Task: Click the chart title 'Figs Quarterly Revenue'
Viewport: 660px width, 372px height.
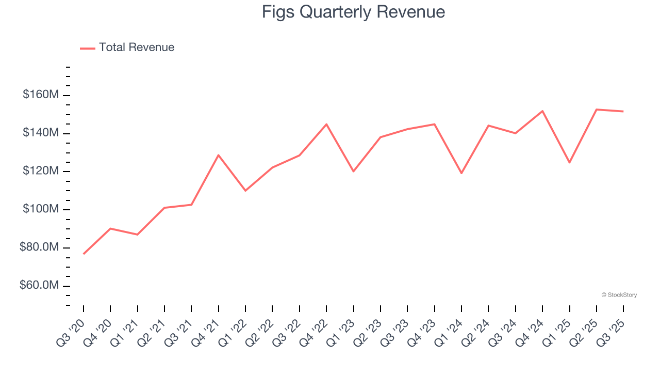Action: coord(353,12)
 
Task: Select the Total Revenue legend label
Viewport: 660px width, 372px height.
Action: coord(137,48)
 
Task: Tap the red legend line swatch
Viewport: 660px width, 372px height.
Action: coord(88,48)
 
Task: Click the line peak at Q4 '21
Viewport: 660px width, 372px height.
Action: coord(219,155)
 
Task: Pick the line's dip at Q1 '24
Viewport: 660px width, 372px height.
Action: coord(461,173)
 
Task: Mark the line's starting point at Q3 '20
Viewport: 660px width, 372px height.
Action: coord(84,254)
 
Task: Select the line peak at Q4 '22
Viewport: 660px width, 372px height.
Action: coord(326,124)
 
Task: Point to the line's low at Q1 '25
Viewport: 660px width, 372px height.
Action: coord(569,163)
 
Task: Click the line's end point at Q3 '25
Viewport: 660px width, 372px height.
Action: coord(623,111)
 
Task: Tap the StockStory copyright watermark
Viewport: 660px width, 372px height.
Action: coord(619,295)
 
